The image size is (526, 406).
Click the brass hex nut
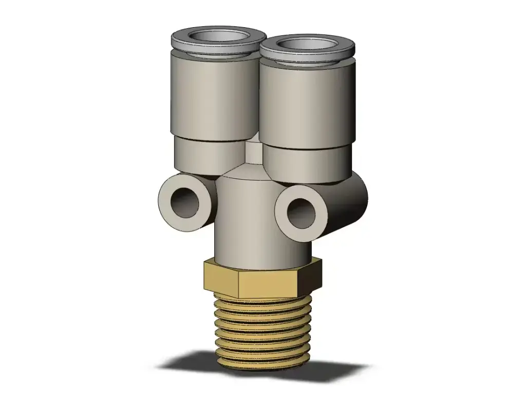[262, 280]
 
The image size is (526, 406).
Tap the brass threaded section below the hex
[262, 328]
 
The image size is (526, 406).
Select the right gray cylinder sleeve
[307, 105]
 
